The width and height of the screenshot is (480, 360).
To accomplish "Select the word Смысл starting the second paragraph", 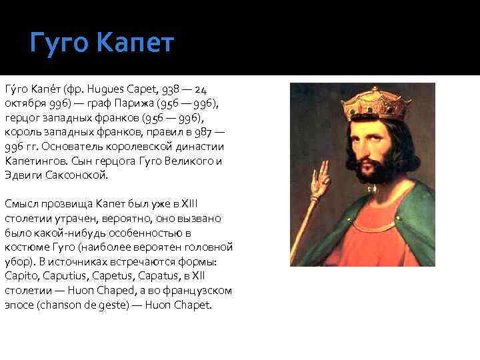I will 21,204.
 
